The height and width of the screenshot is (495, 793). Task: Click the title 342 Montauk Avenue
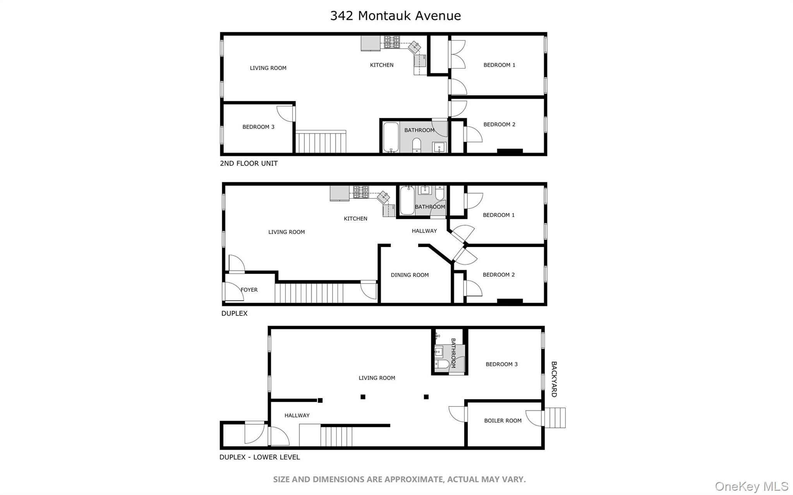[395, 16]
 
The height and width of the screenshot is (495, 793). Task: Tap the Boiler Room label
[503, 421]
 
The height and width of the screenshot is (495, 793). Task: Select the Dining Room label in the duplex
[410, 275]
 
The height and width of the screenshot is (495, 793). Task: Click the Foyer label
[249, 290]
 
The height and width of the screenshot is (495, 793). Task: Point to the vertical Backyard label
[554, 379]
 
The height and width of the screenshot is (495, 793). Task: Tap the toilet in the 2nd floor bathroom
[417, 144]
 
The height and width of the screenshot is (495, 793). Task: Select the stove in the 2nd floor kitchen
[392, 42]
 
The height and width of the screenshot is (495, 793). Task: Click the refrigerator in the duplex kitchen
[340, 193]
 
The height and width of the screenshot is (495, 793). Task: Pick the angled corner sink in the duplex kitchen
[383, 197]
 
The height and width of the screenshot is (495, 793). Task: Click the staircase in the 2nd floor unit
[321, 142]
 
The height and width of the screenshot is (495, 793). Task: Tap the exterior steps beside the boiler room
[555, 418]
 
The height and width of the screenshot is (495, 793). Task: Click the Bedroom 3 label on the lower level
[501, 364]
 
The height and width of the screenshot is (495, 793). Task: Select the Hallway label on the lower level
[297, 416]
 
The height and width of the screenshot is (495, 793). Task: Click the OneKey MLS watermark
[751, 486]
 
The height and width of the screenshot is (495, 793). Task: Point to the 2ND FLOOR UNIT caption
[249, 163]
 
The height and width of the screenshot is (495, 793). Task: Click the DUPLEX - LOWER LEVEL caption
[259, 457]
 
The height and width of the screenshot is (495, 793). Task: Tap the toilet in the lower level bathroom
[442, 364]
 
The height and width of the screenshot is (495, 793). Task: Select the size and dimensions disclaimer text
[399, 480]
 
